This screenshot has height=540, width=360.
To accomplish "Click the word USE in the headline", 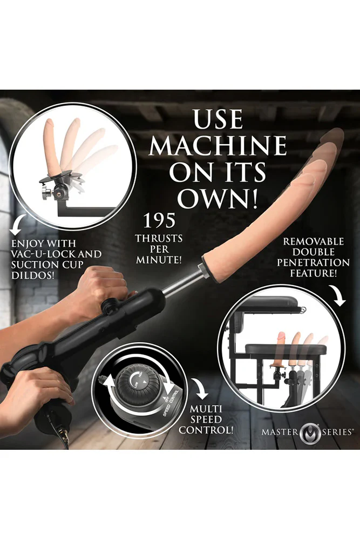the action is tap(218, 119).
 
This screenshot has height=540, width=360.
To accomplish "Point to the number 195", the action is tap(159, 220).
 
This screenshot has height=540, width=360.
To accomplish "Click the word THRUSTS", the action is tap(159, 238).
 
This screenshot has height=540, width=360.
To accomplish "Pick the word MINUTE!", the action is tap(159, 260).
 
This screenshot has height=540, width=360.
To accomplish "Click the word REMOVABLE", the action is tap(313, 242).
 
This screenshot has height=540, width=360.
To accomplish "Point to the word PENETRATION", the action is tap(313, 263).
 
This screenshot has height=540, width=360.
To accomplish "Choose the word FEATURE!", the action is tap(313, 273).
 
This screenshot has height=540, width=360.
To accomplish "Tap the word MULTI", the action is tap(206, 409).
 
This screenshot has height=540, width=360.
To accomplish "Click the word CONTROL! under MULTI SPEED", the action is tap(206, 430).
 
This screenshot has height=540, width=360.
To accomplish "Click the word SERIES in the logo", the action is tap(337, 431).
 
